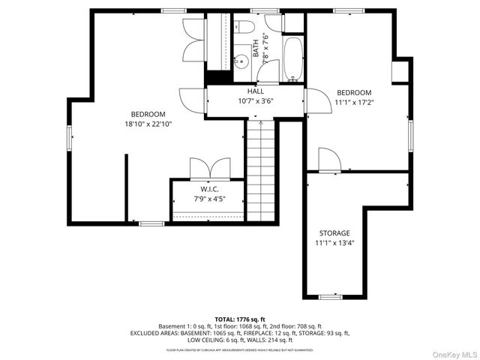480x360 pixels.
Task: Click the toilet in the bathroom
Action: tap(246, 28)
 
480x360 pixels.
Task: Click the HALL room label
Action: tap(256, 91)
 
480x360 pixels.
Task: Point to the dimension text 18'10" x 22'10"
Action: tap(148, 124)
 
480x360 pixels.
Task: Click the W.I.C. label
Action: tap(208, 188)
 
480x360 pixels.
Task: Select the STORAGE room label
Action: tap(334, 233)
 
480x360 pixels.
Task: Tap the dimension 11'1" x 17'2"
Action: tap(354, 102)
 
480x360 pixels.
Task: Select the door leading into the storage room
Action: tap(329, 160)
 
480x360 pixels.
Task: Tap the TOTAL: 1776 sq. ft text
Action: tap(240, 319)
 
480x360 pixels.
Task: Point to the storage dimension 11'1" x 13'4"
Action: tap(334, 244)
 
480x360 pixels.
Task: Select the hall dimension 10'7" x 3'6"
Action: tap(256, 101)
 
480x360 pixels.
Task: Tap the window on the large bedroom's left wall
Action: tap(70, 138)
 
